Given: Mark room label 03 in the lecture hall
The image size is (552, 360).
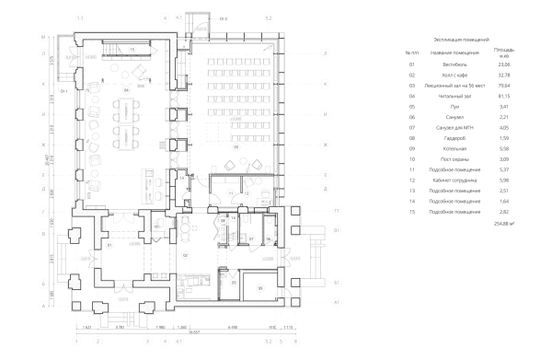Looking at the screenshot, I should click(x=236, y=145).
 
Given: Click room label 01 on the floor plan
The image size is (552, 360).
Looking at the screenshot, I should click(x=109, y=246).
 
